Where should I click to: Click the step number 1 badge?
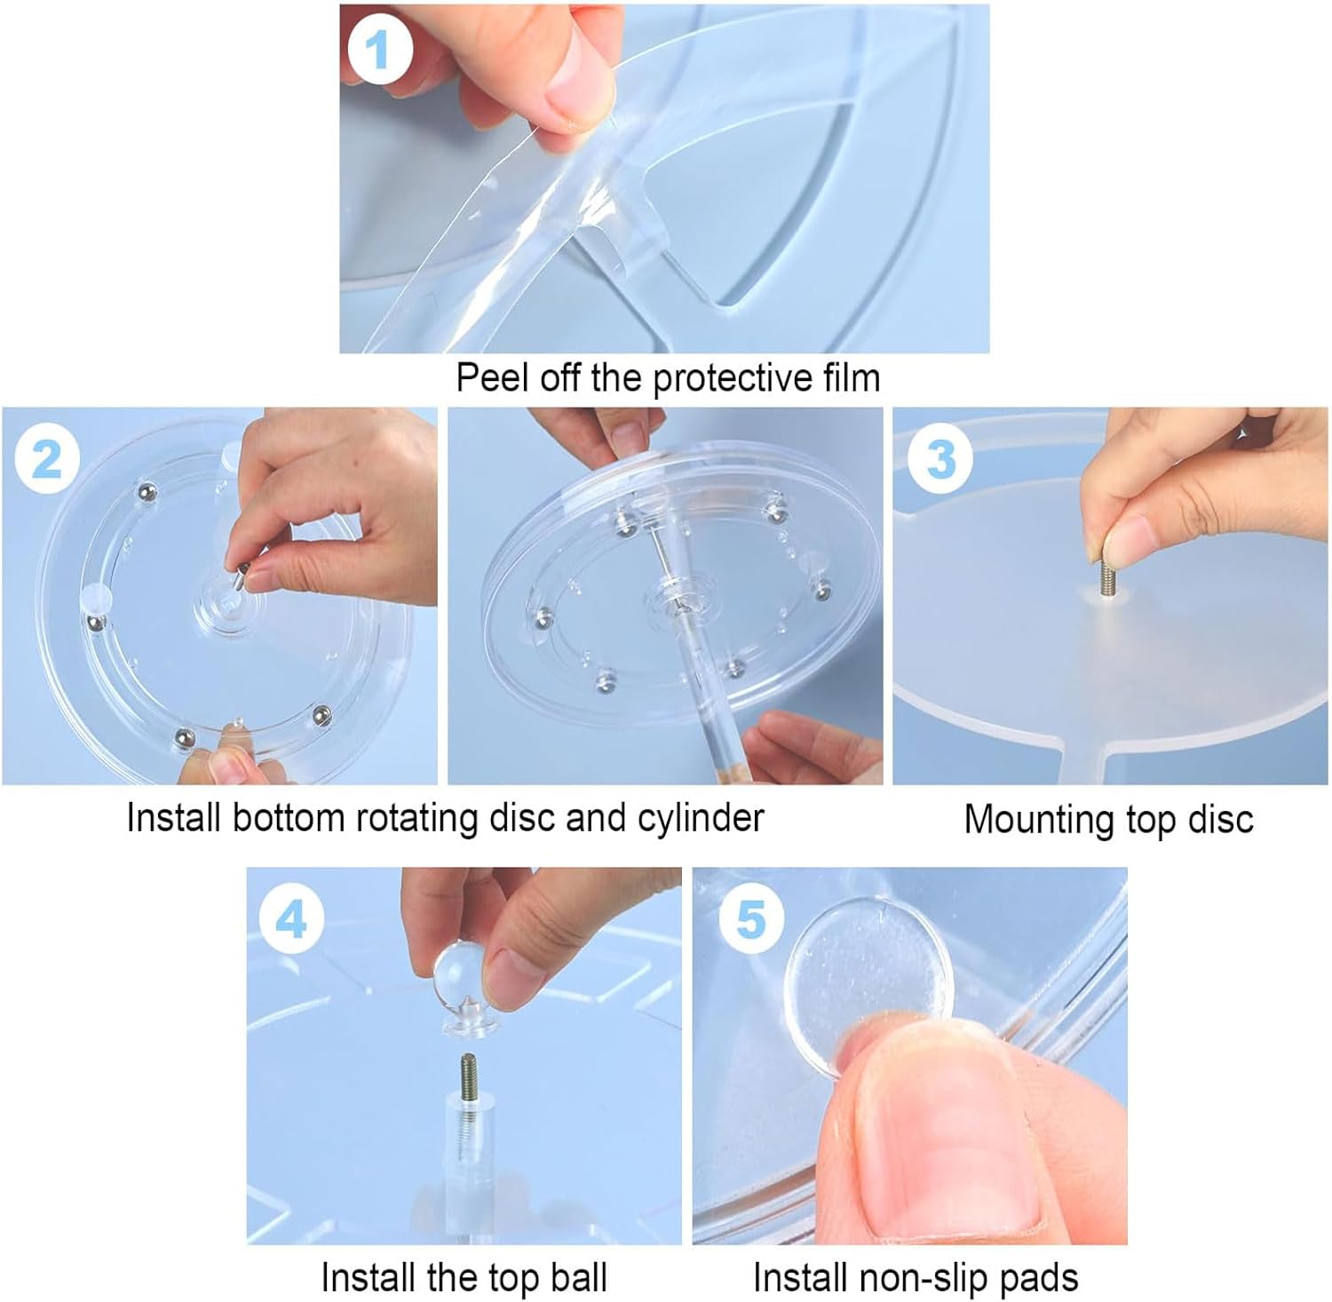point(378,50)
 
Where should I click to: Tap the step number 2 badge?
point(48,458)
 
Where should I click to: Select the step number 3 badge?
point(940,458)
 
